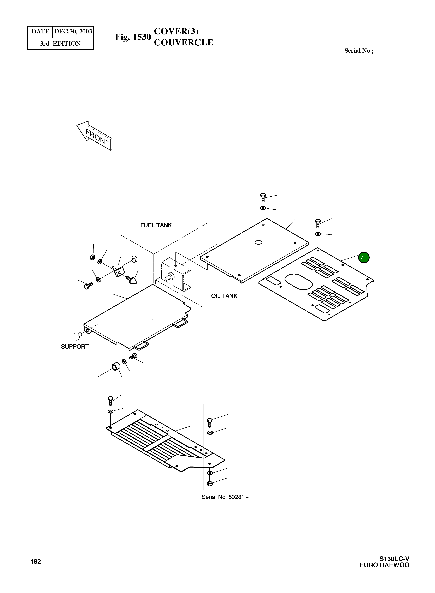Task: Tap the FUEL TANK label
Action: (x=156, y=225)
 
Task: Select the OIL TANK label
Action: (x=224, y=296)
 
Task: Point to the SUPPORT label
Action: (x=75, y=347)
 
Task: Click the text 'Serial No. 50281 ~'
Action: (x=225, y=497)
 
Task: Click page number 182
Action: (x=36, y=561)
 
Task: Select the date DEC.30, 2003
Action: (x=73, y=32)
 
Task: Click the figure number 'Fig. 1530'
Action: (x=133, y=37)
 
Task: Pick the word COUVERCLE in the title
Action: (x=184, y=42)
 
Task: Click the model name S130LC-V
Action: (x=394, y=559)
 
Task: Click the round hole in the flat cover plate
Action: (x=258, y=242)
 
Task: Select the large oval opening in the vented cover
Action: (x=299, y=282)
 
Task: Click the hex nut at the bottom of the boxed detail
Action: (x=210, y=483)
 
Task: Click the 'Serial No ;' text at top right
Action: (x=359, y=51)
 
